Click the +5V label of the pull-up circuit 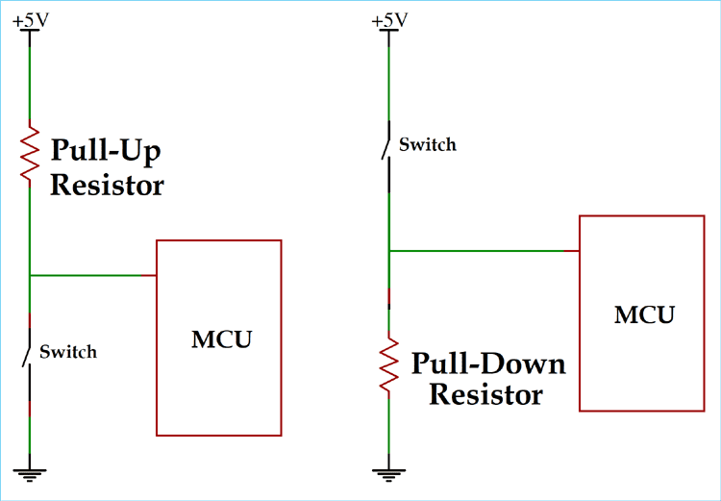pyautogui.click(x=31, y=19)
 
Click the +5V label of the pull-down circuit pyautogui.click(x=388, y=19)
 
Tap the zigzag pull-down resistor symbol pyautogui.click(x=388, y=363)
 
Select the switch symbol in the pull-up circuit pyautogui.click(x=29, y=353)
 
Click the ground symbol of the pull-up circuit pyautogui.click(x=31, y=471)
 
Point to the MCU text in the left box pyautogui.click(x=221, y=338)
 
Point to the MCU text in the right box pyautogui.click(x=644, y=314)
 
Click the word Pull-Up pyautogui.click(x=105, y=152)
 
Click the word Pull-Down pyautogui.click(x=488, y=364)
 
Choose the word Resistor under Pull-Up pyautogui.click(x=107, y=185)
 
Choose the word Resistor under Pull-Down pyautogui.click(x=485, y=394)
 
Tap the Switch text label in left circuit pyautogui.click(x=67, y=352)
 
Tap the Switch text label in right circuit pyautogui.click(x=428, y=145)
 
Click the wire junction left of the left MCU pyautogui.click(x=31, y=276)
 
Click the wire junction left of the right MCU pyautogui.click(x=388, y=251)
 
